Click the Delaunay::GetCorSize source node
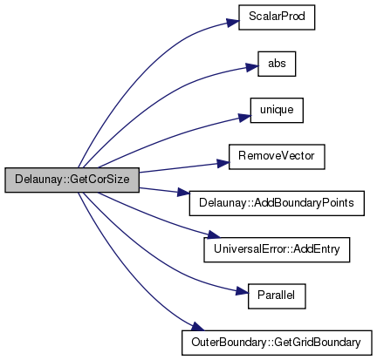point(72,180)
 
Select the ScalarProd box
point(277,17)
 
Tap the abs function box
point(277,64)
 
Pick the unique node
point(277,111)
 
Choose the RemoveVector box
point(277,157)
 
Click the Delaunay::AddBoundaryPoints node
point(277,203)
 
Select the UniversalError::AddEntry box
point(277,249)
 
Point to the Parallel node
point(277,296)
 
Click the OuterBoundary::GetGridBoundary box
point(277,343)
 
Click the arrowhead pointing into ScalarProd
point(233,23)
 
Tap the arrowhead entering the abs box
point(252,67)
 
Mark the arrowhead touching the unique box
point(244,118)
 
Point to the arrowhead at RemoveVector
point(223,164)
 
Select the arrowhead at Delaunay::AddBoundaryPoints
point(183,192)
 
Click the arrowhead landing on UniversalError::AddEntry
point(212,234)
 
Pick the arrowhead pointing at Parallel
point(242,291)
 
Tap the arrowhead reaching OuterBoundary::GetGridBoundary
point(198,327)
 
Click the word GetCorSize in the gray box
point(99,180)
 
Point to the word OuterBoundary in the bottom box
point(229,343)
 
